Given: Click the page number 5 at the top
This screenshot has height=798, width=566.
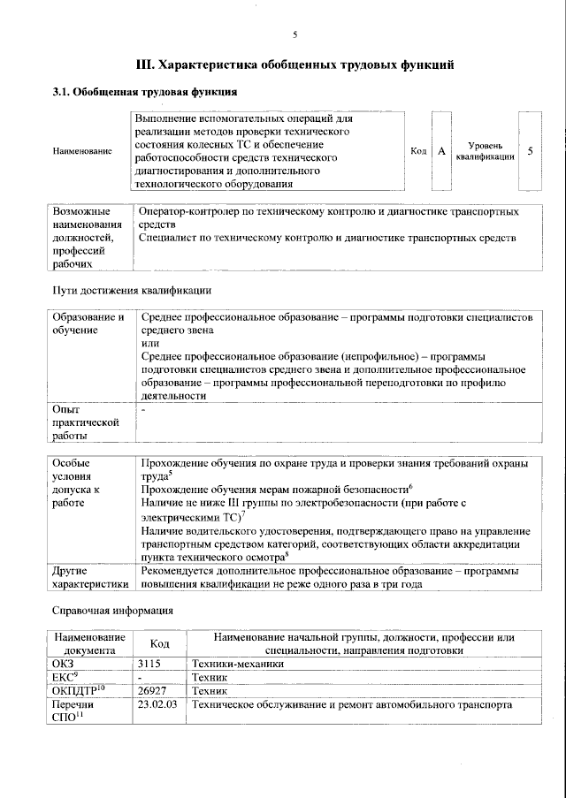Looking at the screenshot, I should point(295,34).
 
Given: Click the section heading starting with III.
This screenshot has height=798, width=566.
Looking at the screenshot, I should point(294,65).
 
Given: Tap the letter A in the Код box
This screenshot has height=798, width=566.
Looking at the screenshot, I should point(440,151).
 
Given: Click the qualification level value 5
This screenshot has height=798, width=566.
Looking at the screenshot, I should point(529,151).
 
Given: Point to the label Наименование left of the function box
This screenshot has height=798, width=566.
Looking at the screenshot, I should point(82,152).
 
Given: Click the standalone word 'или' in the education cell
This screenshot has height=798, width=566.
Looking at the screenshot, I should point(150,343).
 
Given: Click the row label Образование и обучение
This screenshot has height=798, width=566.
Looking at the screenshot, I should point(86,323).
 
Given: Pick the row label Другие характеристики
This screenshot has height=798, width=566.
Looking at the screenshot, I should point(90,578).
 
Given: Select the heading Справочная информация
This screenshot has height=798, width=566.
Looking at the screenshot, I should point(112,611).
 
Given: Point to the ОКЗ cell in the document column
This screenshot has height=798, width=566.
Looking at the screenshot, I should point(65,662).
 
